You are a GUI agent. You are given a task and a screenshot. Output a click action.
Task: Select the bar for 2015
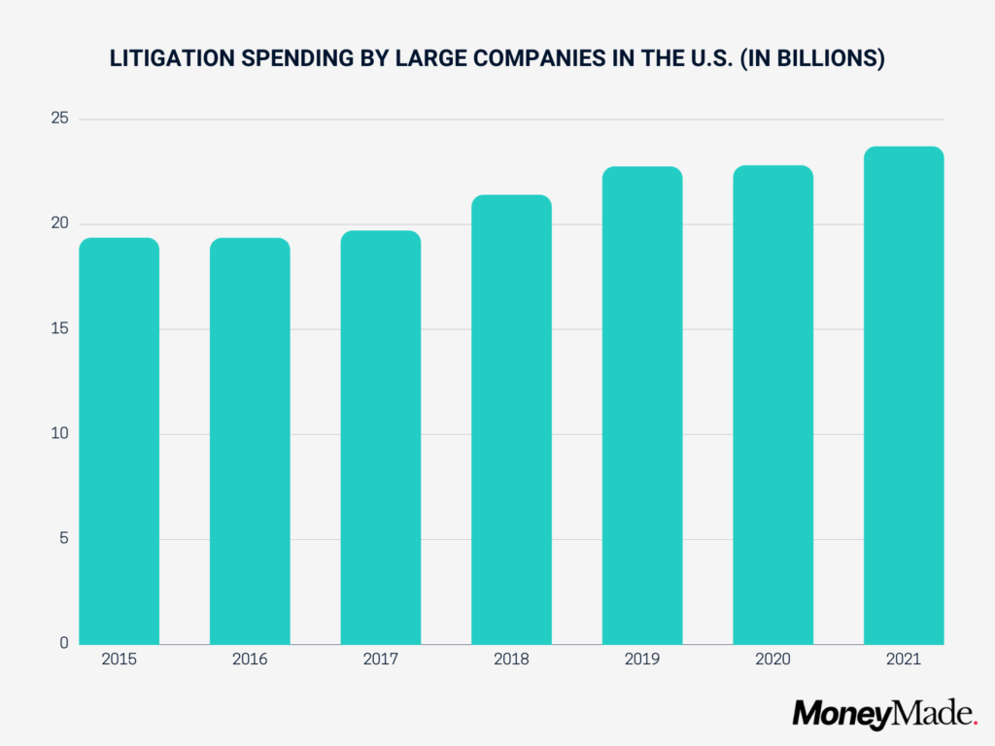point(119,441)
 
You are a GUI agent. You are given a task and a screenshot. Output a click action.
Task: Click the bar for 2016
point(250,441)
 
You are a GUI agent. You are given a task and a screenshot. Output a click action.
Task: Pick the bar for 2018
point(511,420)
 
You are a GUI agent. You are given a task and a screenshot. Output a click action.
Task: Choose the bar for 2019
point(642,405)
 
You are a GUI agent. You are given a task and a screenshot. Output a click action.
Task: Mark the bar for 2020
point(772,405)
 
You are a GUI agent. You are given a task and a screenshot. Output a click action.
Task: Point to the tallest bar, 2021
point(904,395)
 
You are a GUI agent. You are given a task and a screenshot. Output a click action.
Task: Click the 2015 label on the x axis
point(119,660)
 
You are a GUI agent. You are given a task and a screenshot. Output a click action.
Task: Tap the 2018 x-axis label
point(511,660)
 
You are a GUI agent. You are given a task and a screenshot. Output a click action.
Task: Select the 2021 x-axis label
point(904,660)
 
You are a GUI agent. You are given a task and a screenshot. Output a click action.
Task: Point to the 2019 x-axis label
point(642,660)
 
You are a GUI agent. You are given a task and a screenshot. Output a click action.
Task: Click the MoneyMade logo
point(882,715)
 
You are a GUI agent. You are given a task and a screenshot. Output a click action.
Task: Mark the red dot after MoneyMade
point(975,723)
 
